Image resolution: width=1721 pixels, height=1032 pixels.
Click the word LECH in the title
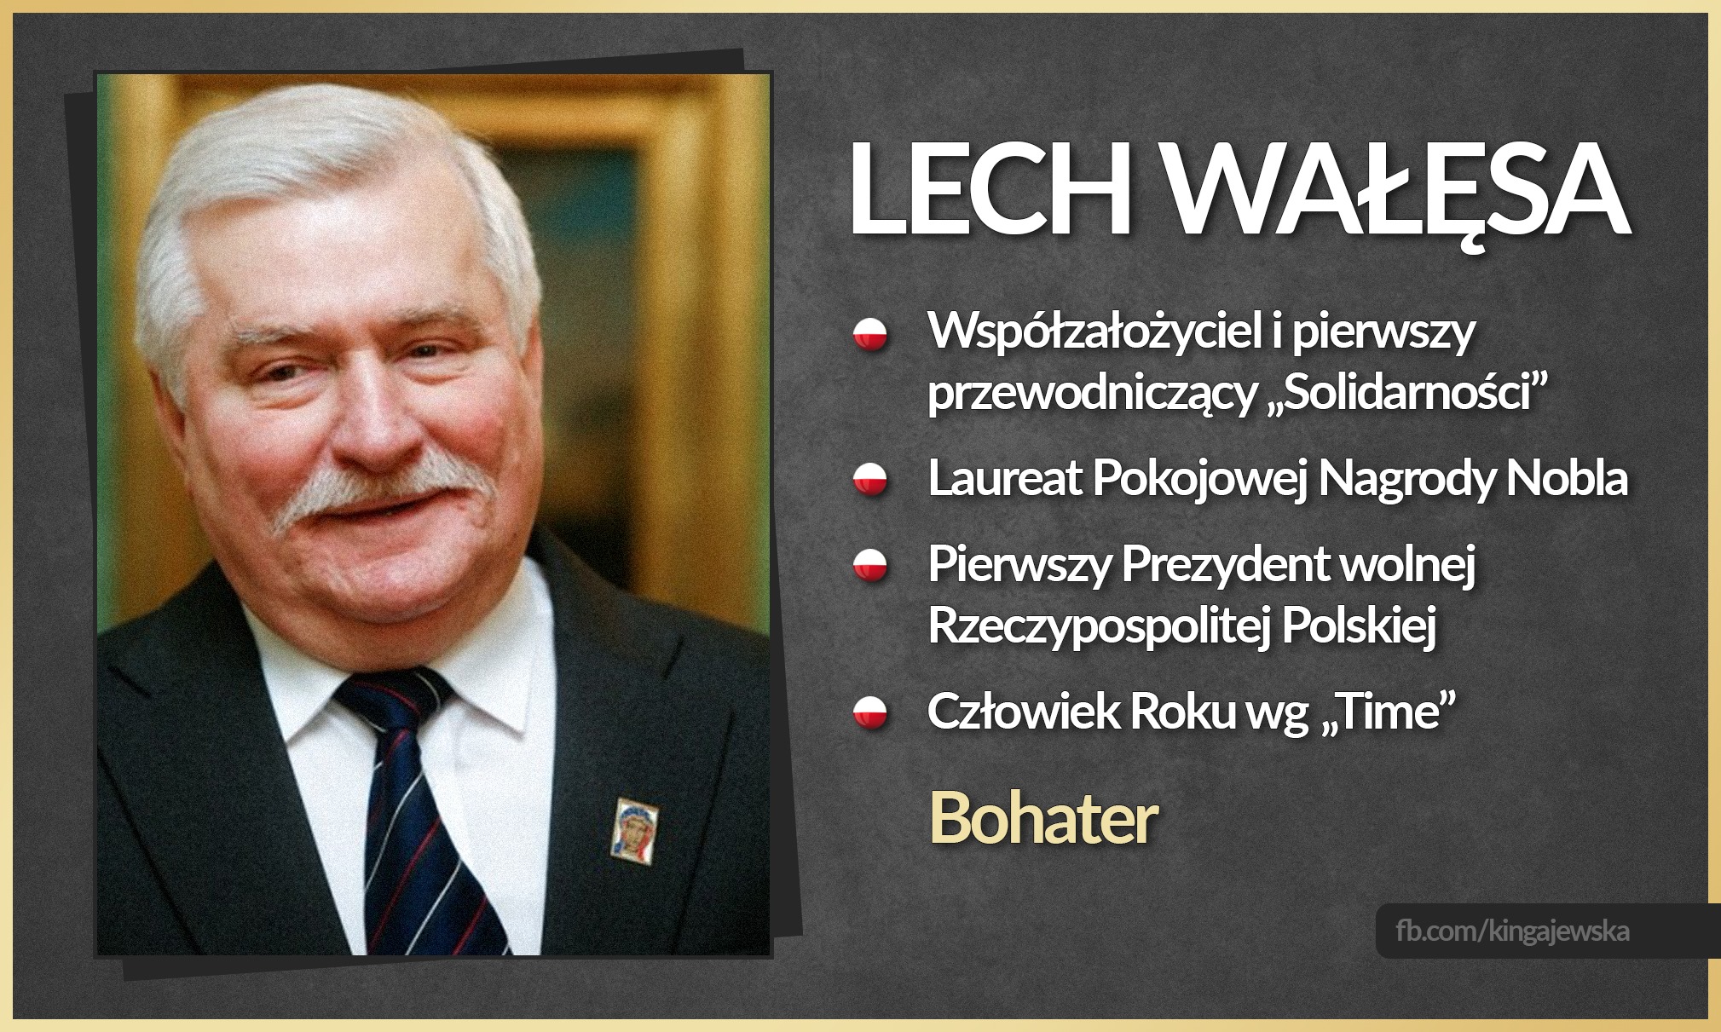989,189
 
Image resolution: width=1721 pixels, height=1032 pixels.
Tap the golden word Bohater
1042,818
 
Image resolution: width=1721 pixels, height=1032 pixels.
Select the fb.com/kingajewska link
1512,931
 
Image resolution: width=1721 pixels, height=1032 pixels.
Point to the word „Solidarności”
1403,394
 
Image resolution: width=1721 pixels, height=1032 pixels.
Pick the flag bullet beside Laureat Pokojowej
870,479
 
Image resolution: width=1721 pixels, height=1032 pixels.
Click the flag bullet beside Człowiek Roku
870,712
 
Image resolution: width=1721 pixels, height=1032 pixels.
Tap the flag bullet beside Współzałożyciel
870,334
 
